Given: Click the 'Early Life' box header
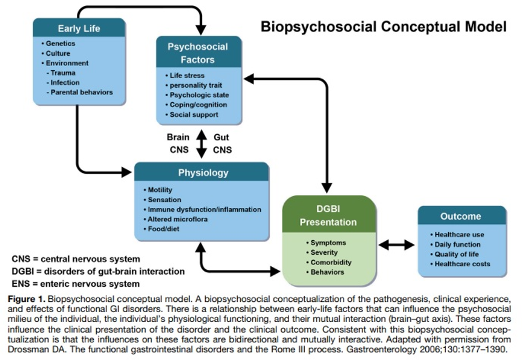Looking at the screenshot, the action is point(79,28).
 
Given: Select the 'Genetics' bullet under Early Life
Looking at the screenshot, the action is point(58,44).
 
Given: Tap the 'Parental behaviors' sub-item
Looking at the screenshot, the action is point(80,92).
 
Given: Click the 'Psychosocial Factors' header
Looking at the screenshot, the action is point(198,53).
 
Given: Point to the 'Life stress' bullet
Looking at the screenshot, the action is point(184,76).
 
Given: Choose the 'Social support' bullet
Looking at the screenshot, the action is point(192,114).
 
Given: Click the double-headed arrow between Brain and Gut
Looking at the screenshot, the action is point(201,143).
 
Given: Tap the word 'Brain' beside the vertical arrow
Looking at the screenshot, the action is point(178,137).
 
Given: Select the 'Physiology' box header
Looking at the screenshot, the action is point(202,172).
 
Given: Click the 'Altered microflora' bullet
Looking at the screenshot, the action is point(175,219).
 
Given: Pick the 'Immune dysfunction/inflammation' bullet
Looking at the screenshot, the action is point(203,209).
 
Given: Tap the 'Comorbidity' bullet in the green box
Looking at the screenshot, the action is point(328,262).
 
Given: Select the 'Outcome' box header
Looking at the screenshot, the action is point(461,216).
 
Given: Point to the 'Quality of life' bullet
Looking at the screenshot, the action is point(454,254).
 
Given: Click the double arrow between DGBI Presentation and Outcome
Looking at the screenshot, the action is point(397,245).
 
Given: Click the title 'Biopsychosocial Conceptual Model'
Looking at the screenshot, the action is point(383,27).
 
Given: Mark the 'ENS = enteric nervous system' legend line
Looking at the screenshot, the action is point(76,284).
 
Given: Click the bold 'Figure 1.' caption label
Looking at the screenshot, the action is point(26,299).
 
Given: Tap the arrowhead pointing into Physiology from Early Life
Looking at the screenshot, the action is point(126,172).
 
